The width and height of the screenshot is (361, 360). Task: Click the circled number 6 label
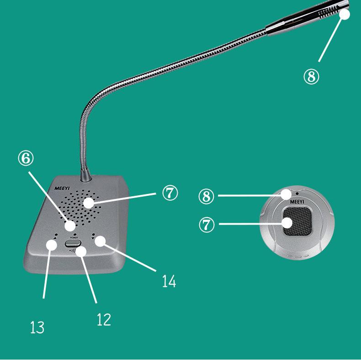click(26, 158)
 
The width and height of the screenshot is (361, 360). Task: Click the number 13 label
click(37, 327)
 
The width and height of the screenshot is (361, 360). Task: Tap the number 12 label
click(104, 319)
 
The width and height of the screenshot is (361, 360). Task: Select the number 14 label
click(169, 281)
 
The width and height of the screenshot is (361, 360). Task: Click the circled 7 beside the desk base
click(170, 193)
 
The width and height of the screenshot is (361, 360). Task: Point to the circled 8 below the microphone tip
click(312, 77)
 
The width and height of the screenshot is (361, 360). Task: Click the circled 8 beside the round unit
click(206, 196)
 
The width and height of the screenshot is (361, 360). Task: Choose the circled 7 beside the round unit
click(207, 225)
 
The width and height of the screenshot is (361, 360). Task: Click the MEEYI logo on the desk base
click(62, 188)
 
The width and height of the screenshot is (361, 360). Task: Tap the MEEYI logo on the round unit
click(297, 202)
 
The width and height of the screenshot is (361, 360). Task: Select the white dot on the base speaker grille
click(89, 203)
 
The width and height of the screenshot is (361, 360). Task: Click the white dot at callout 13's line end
click(51, 245)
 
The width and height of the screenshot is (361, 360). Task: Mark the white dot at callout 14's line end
click(100, 241)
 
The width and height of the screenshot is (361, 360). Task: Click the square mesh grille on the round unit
click(297, 221)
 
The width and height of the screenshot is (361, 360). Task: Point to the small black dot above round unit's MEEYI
click(297, 193)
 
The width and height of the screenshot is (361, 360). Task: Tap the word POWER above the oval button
click(74, 237)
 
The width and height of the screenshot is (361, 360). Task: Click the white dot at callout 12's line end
click(81, 251)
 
